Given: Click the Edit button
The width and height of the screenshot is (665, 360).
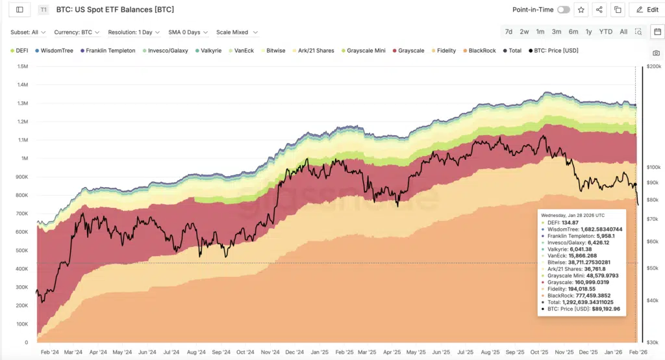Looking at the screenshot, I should tap(647, 10).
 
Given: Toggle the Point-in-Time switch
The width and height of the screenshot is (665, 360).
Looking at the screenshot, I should tap(563, 10).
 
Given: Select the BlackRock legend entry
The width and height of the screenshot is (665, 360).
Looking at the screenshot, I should tap(481, 50).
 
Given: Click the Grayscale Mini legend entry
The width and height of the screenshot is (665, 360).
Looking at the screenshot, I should tap(366, 50).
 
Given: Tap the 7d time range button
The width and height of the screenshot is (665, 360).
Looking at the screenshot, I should tap(508, 32).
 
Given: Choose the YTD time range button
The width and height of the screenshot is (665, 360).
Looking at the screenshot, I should tap(605, 32).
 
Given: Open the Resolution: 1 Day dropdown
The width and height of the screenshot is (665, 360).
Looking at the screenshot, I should tap(133, 32).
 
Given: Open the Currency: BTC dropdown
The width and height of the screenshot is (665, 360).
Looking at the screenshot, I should tap(75, 32).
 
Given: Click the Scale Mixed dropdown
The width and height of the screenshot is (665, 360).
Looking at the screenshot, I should tap(237, 32).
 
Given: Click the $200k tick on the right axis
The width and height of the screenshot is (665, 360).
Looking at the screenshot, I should tap(652, 66).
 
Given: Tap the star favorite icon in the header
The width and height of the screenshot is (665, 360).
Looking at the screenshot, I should tap(581, 10).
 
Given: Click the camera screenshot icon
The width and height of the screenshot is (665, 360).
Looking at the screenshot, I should tap(656, 53).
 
